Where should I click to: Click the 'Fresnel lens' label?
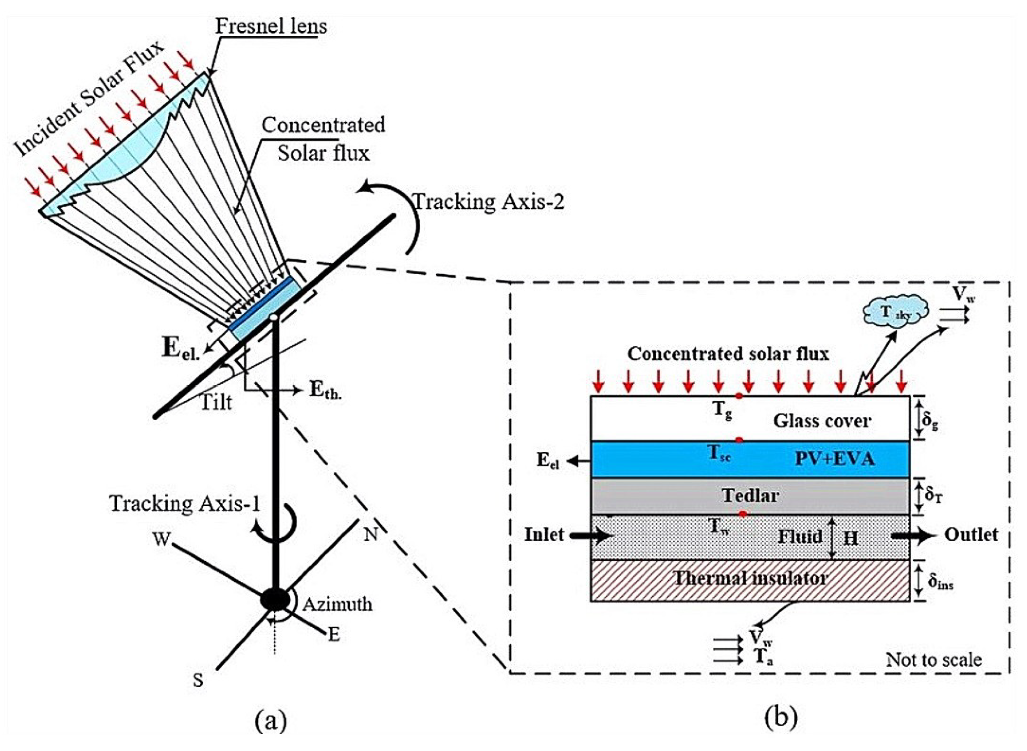click(x=271, y=26)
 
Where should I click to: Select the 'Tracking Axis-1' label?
click(x=185, y=504)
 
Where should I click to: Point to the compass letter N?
click(x=371, y=534)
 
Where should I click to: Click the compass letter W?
click(x=161, y=540)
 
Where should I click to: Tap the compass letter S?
click(x=198, y=680)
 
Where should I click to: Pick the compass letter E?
click(x=334, y=635)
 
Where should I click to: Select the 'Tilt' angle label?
click(x=217, y=402)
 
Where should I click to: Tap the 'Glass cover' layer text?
click(x=822, y=421)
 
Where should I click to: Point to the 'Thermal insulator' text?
click(x=750, y=578)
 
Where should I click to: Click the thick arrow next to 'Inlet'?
click(x=592, y=536)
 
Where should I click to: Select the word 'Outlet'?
click(x=971, y=534)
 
